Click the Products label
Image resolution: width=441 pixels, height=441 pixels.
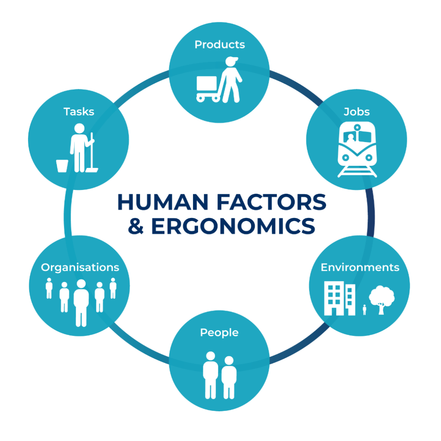(220, 45)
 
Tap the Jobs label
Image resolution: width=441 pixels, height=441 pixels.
(357, 112)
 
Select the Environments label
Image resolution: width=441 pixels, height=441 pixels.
(360, 267)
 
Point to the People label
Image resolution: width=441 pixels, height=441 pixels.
(219, 333)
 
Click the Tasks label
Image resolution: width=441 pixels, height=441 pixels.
(79, 112)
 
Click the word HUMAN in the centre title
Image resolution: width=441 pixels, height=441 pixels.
(163, 202)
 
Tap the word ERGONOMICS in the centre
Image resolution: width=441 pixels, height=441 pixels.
(233, 226)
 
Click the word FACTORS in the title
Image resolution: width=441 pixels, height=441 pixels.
(271, 202)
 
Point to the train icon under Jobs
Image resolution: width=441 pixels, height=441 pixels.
(357, 149)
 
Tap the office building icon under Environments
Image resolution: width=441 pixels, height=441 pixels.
(339, 298)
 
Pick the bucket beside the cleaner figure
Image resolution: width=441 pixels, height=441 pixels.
(62, 166)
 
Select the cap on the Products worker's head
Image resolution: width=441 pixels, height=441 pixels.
(231, 60)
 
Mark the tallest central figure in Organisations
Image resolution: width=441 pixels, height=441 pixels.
(81, 303)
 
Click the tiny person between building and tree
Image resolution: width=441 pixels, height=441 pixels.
(364, 310)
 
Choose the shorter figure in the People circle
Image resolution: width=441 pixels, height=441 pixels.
(229, 377)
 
